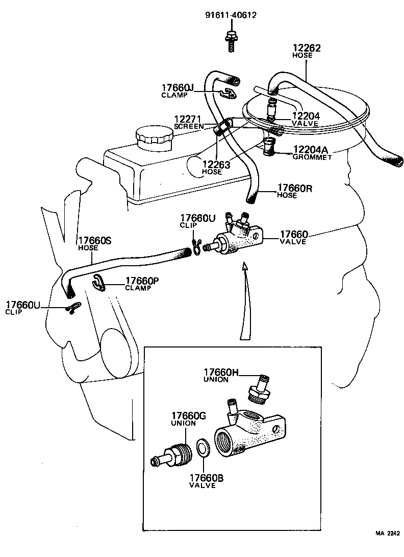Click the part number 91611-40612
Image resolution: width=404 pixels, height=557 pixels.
(x=230, y=15)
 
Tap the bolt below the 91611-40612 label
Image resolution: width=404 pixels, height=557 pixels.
(x=230, y=40)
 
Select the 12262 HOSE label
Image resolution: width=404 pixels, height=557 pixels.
(x=307, y=51)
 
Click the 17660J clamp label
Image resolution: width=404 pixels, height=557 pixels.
(x=178, y=90)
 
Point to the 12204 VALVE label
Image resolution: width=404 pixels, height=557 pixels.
(x=306, y=119)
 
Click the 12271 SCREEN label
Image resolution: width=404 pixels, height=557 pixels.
(x=189, y=121)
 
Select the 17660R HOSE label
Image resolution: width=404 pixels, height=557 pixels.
(x=294, y=191)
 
